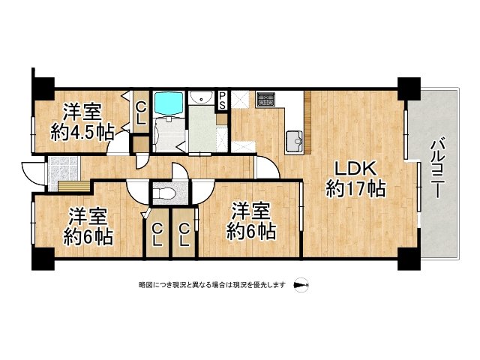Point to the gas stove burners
pos(266,98)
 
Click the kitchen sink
pos(294,138)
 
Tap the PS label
pos(222,100)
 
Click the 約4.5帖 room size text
pos(82,133)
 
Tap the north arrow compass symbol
pos(301,286)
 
